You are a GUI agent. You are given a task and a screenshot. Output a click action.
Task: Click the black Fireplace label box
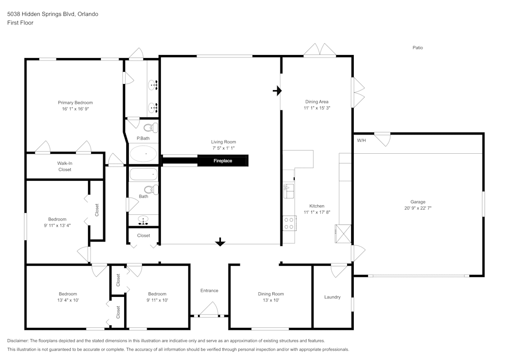[x=223, y=161]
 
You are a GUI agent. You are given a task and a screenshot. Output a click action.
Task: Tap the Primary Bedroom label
[x=75, y=102]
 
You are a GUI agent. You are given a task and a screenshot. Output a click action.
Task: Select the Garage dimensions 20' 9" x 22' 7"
[x=418, y=208]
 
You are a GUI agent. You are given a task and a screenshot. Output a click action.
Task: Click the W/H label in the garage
[x=361, y=140]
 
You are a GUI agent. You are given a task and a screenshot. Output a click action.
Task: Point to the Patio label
[x=418, y=47]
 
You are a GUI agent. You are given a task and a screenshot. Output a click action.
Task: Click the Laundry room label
[x=332, y=297]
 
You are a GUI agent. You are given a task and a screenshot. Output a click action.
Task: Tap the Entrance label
[x=209, y=291]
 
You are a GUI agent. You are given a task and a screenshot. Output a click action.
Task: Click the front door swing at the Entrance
[x=209, y=309]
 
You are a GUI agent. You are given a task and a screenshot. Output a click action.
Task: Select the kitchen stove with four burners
[x=289, y=223]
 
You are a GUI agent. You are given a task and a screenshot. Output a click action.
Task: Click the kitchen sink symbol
[x=288, y=191]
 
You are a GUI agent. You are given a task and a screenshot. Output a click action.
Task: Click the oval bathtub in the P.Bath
[x=144, y=154]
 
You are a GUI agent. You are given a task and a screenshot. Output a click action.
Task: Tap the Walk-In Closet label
[x=65, y=166]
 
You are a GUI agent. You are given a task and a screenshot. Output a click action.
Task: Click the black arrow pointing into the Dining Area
[x=277, y=91]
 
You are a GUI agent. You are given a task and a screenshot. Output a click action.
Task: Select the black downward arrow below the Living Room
[x=220, y=242]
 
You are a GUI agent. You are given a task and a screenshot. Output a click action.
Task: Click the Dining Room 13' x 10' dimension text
[x=271, y=300]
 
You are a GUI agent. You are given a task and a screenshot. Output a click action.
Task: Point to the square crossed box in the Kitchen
[x=343, y=233]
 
